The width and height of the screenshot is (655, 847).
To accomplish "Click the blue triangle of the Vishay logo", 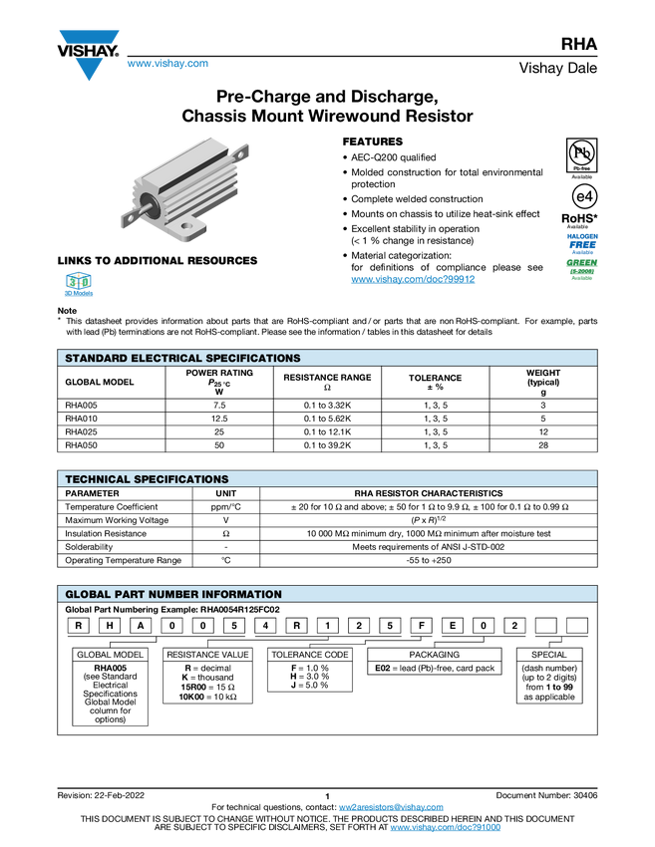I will pyautogui.click(x=89, y=70).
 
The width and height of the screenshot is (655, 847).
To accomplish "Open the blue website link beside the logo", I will pyautogui.click(x=167, y=64).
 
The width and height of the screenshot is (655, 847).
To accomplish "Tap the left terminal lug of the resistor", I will pyautogui.click(x=127, y=216).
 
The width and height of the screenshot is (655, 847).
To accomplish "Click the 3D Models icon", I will pyautogui.click(x=78, y=285).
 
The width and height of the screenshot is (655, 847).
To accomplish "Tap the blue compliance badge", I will pyautogui.click(x=582, y=242).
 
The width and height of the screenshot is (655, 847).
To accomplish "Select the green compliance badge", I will pyautogui.click(x=582, y=268).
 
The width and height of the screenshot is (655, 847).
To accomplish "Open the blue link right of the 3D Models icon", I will pyautogui.click(x=412, y=280).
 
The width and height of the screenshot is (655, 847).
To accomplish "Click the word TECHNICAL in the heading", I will pyautogui.click(x=97, y=479).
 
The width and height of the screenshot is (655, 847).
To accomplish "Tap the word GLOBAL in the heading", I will pyautogui.click(x=88, y=594).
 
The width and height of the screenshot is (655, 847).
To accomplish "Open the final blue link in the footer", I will pyautogui.click(x=445, y=828).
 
